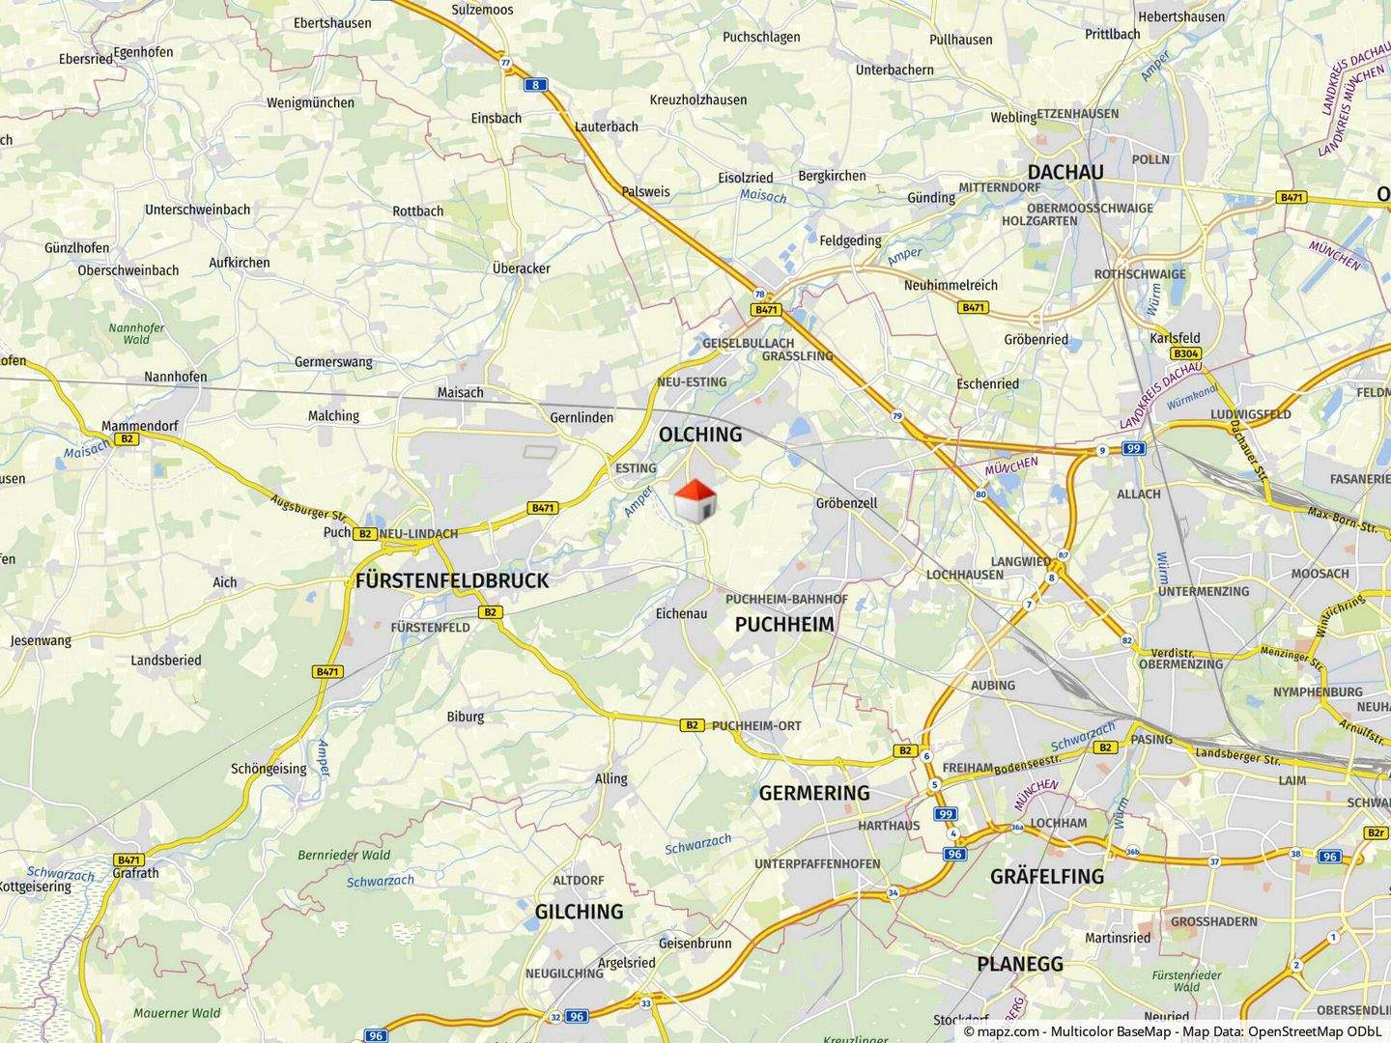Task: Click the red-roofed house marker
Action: click(x=695, y=499)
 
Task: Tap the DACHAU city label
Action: click(x=1065, y=172)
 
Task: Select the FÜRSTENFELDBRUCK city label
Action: click(x=452, y=580)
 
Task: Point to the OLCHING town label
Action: click(x=700, y=435)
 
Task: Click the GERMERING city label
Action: click(x=814, y=793)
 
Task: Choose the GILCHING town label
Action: click(x=580, y=911)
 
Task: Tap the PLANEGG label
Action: click(x=1019, y=963)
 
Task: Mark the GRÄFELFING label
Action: click(x=1047, y=876)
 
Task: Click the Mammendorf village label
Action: click(x=140, y=425)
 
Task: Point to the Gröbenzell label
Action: click(x=846, y=503)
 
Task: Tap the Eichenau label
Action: click(x=681, y=613)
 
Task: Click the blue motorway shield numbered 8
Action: click(x=535, y=85)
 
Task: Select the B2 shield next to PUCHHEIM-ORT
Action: click(x=692, y=724)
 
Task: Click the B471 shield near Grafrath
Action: click(x=128, y=860)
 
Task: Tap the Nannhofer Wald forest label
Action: click(x=136, y=333)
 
